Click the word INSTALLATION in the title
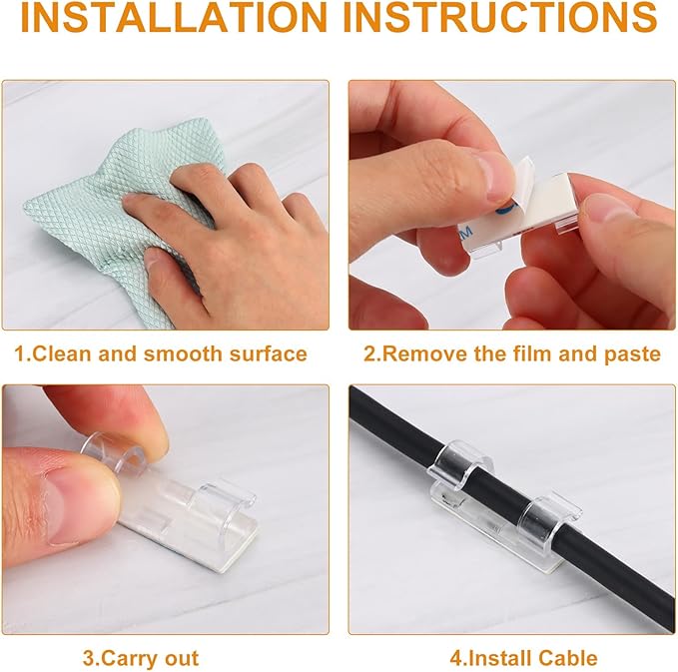[x=174, y=17]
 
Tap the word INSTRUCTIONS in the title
[x=505, y=17]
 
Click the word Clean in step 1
[x=63, y=353]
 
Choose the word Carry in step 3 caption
[x=126, y=659]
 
